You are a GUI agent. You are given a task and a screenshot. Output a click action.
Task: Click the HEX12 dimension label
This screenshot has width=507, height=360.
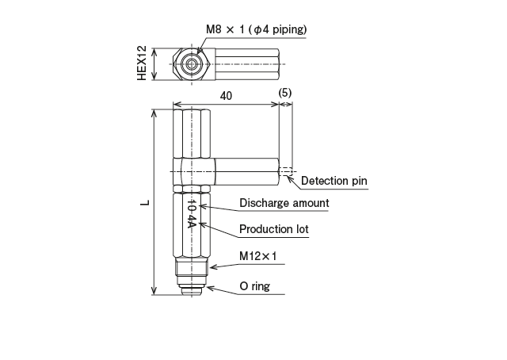pyautogui.click(x=142, y=63)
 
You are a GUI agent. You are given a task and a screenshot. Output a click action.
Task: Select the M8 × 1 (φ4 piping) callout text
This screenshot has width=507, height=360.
pyautogui.click(x=256, y=29)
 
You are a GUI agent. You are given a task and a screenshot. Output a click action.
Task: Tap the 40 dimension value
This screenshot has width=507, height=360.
pyautogui.click(x=226, y=95)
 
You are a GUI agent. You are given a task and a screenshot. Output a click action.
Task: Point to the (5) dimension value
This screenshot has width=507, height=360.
pyautogui.click(x=286, y=93)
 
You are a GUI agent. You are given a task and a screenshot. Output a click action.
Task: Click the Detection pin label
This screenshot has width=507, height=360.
pyautogui.click(x=334, y=181)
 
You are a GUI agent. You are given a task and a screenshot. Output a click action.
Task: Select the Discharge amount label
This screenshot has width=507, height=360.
pyautogui.click(x=284, y=203)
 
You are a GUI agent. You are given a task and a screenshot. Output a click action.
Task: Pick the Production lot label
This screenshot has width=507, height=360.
pyautogui.click(x=273, y=229)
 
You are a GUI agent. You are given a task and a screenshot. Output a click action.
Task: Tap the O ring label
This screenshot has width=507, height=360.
pyautogui.click(x=254, y=286)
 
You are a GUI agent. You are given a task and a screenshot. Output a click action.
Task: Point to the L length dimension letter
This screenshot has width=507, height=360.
pyautogui.click(x=143, y=203)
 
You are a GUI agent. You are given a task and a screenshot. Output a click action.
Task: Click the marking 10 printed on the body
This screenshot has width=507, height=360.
pyautogui.click(x=192, y=205)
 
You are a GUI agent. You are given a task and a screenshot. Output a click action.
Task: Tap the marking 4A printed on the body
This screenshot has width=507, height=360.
pyautogui.click(x=192, y=220)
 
